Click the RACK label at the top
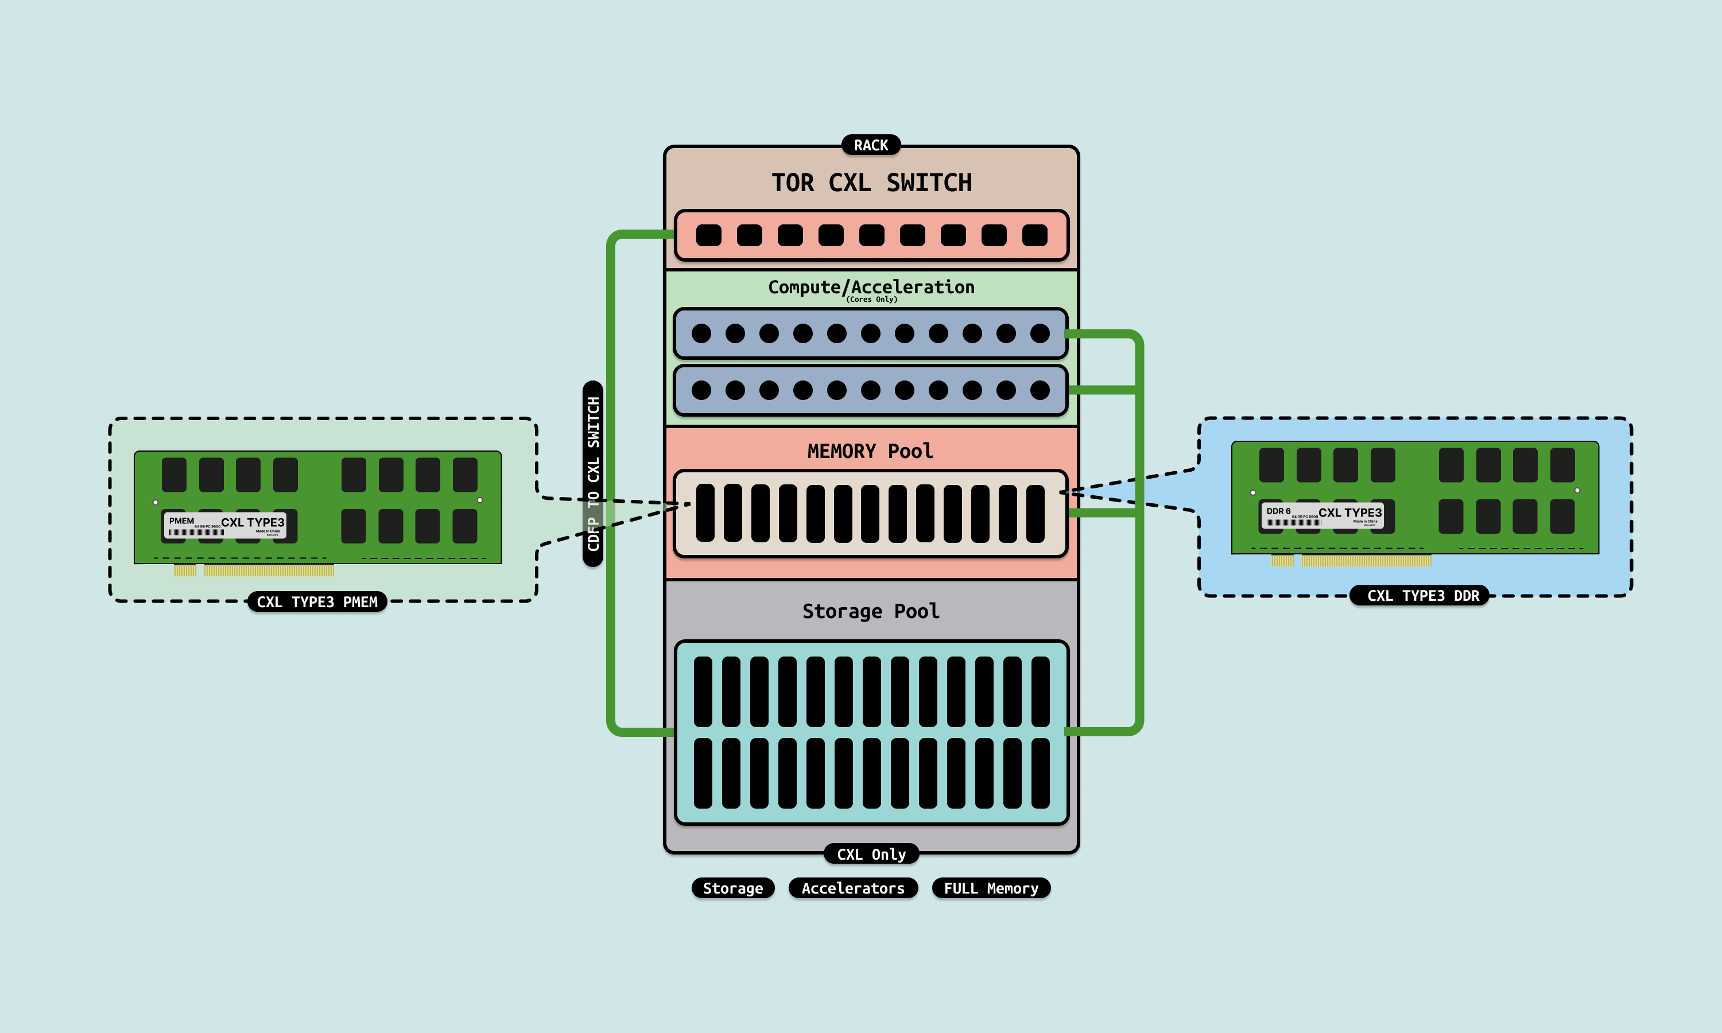tap(871, 145)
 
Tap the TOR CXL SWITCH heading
tap(871, 183)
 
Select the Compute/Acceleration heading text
tap(871, 286)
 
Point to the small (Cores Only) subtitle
tap(871, 300)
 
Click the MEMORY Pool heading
tap(870, 451)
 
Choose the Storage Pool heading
tap(871, 611)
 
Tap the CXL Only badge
tap(871, 854)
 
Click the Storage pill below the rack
tap(732, 888)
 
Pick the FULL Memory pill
tap(991, 888)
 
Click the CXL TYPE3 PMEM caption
tap(317, 602)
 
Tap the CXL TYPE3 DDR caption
tap(1420, 596)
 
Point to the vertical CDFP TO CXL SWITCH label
tap(593, 473)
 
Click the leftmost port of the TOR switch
tap(708, 235)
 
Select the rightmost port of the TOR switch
tap(1034, 235)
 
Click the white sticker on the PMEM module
tap(225, 525)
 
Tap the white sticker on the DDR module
tap(1322, 515)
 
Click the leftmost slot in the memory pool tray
tap(705, 513)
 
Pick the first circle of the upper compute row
tap(701, 333)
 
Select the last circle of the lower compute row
tap(1040, 390)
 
